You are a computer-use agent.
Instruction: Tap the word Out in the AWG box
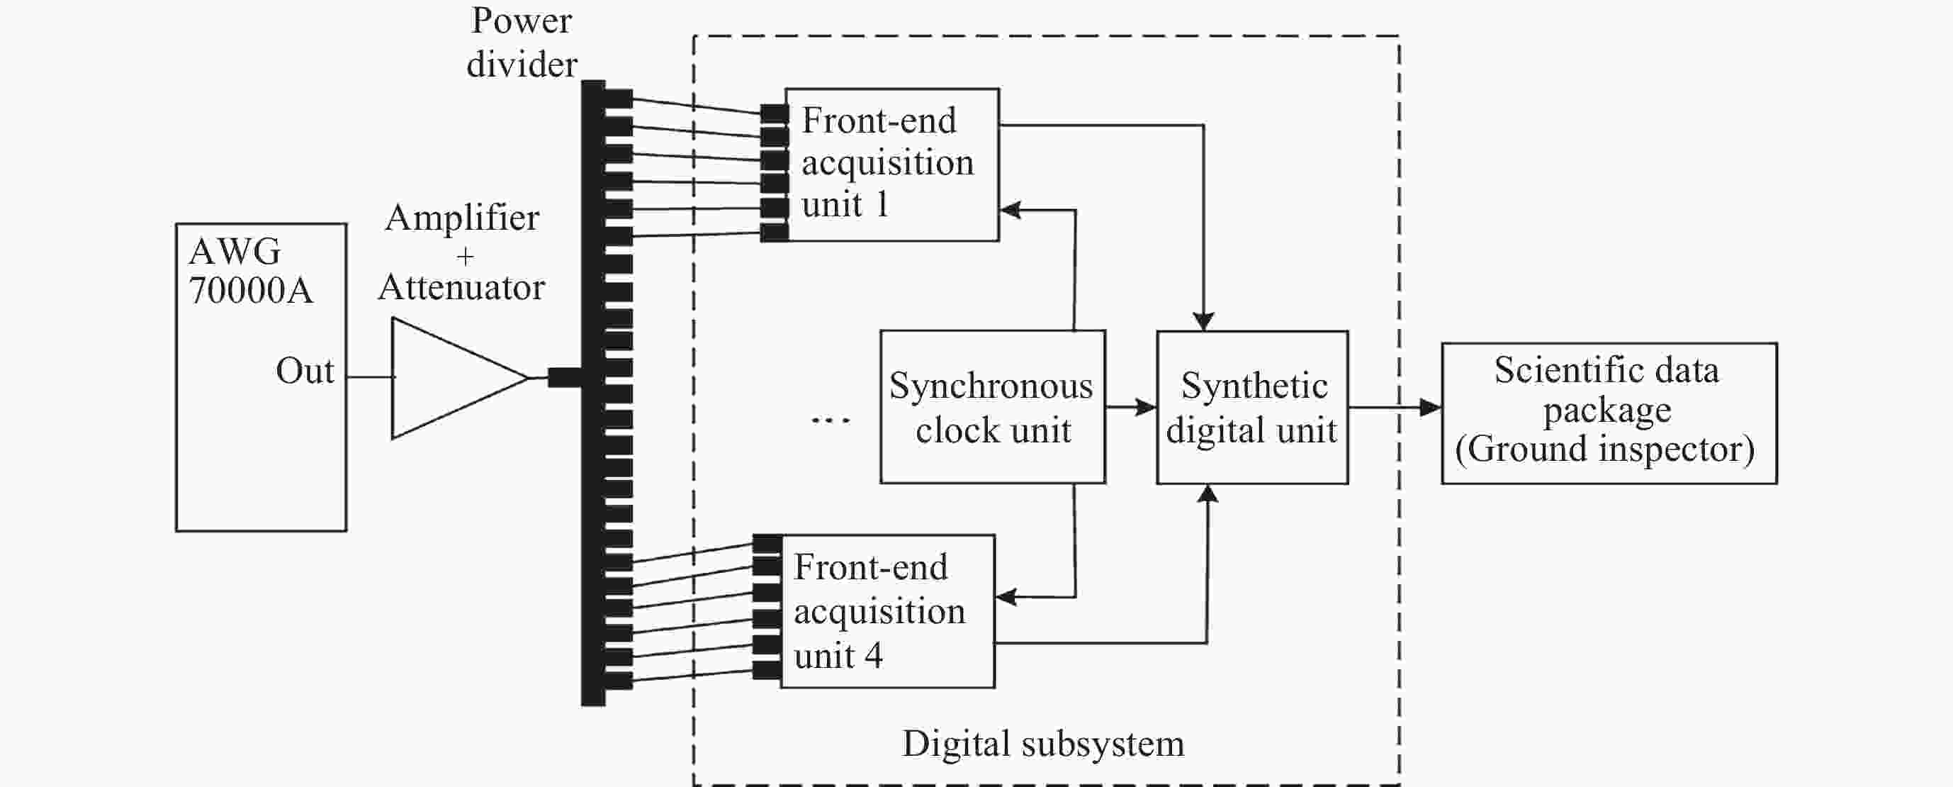click(305, 372)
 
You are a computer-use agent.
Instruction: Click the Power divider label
click(522, 43)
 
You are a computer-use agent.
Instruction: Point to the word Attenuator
click(462, 288)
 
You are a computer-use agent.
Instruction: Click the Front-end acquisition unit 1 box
click(891, 164)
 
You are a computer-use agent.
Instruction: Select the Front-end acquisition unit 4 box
click(887, 611)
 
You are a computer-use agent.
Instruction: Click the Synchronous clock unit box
click(992, 407)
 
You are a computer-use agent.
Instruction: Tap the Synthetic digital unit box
click(1251, 407)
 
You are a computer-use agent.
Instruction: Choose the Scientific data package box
click(1609, 413)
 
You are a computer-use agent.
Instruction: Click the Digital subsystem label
click(1043, 744)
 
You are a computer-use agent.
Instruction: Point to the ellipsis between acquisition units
click(831, 419)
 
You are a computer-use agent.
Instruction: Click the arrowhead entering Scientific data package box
click(1430, 408)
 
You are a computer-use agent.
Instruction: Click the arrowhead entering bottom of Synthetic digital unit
click(1207, 494)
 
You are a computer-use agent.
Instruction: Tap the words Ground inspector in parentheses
click(1604, 450)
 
